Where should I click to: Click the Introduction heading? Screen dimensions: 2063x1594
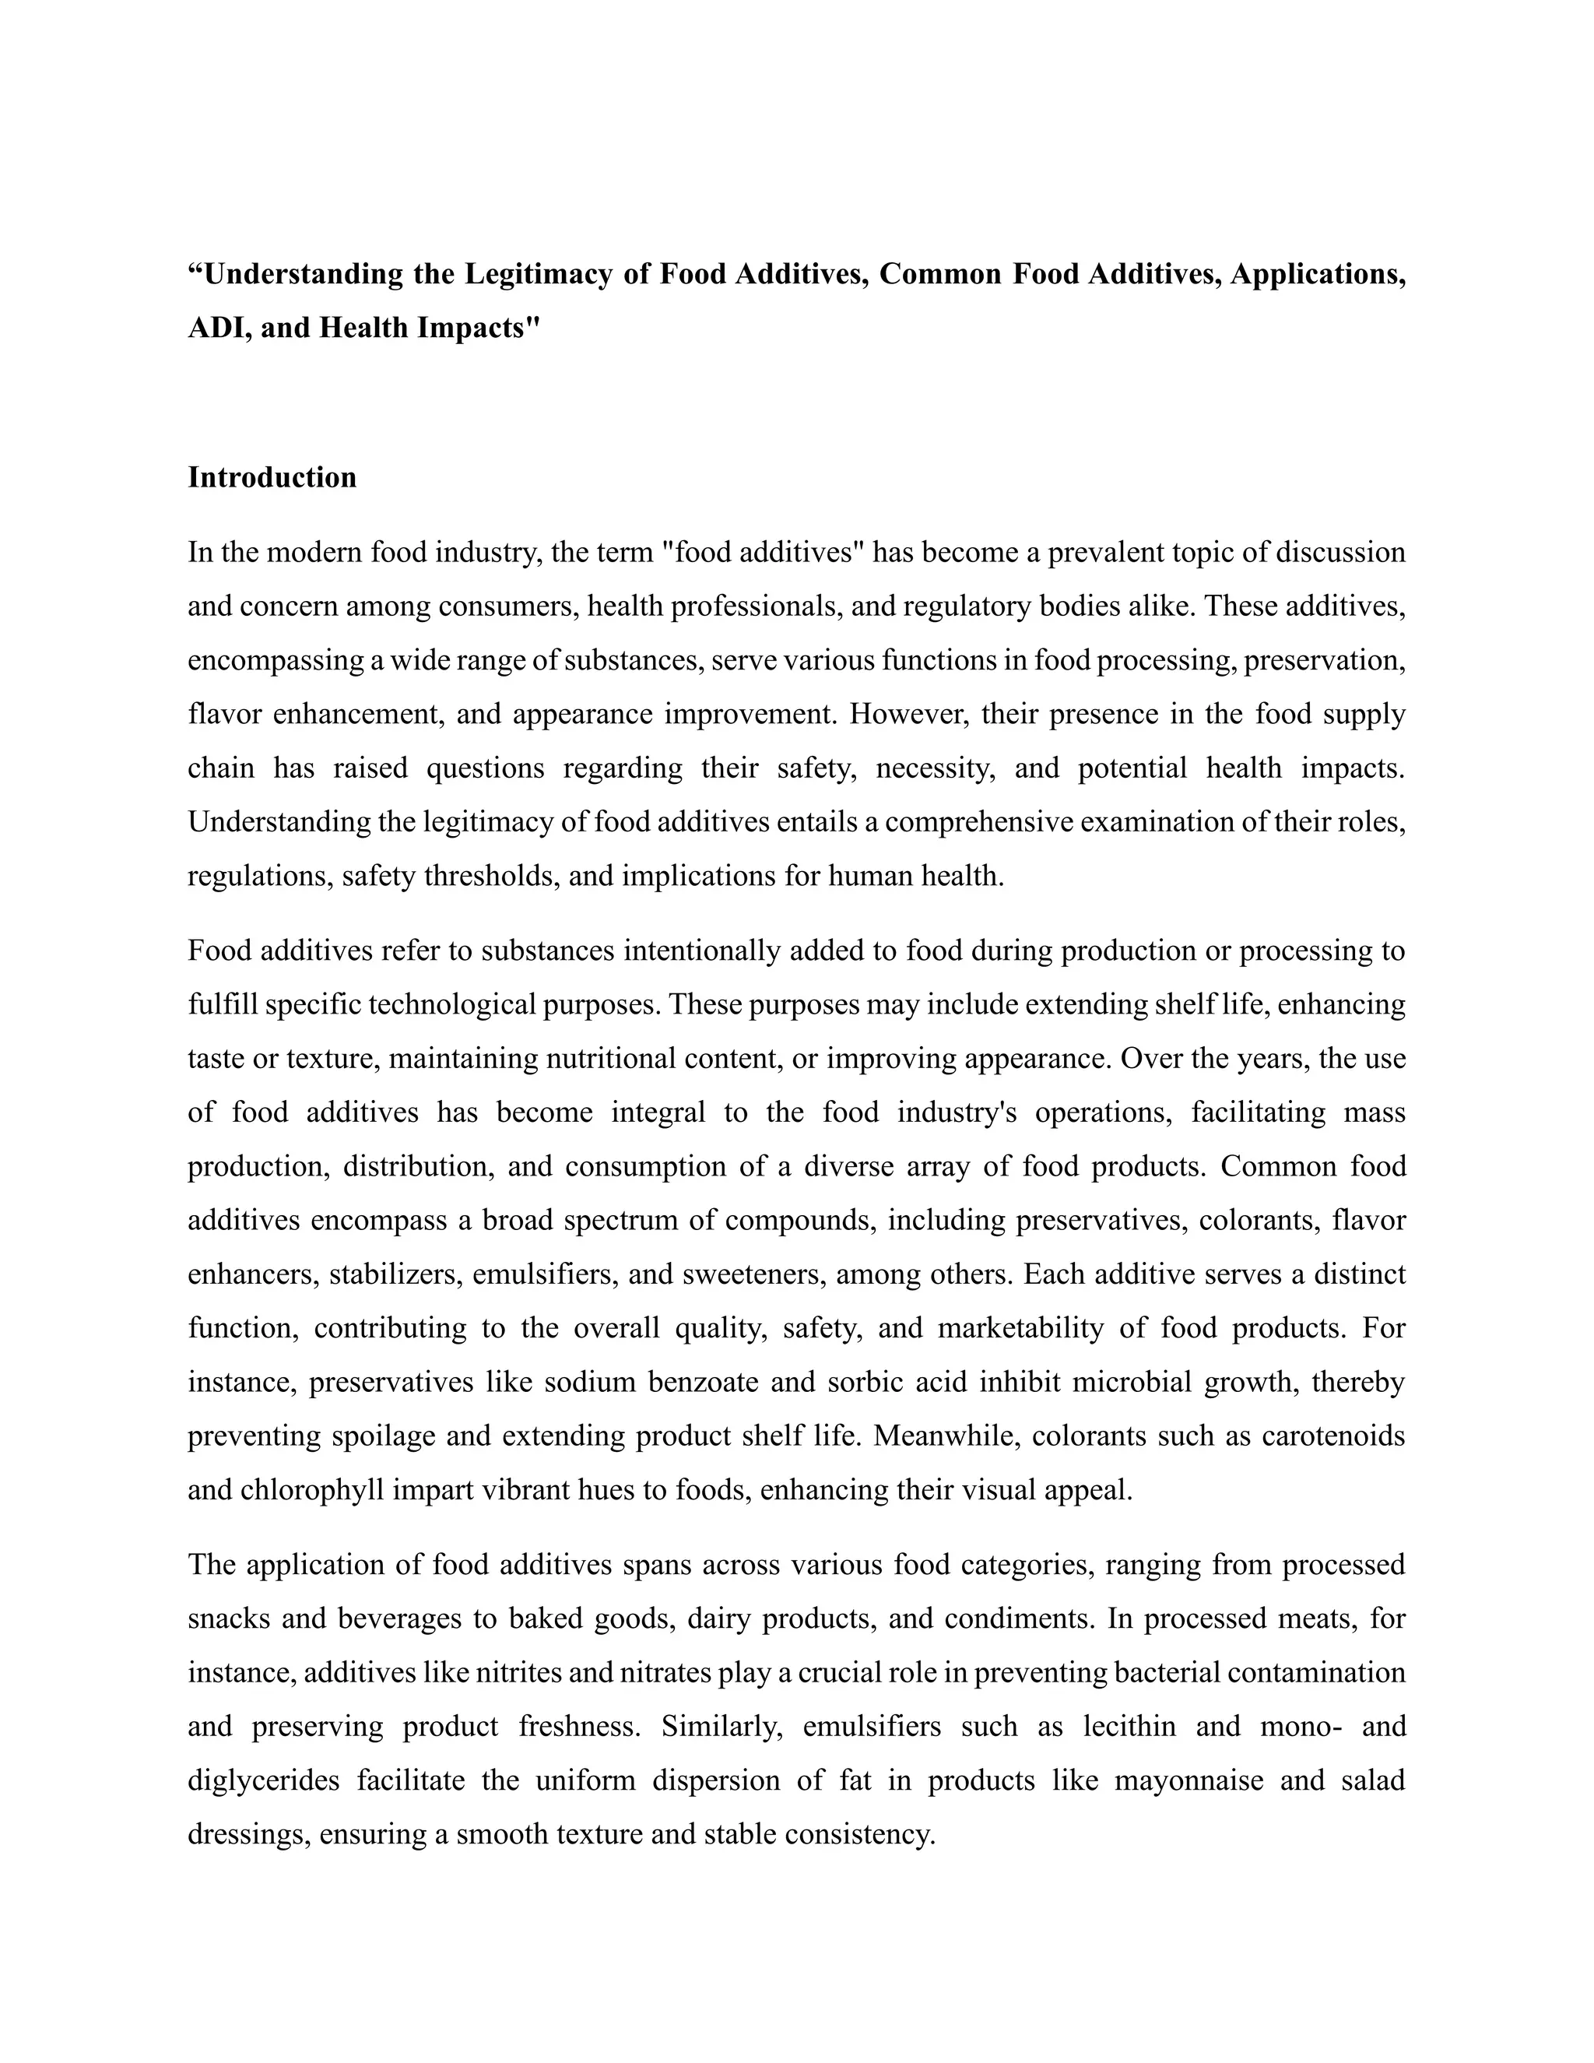pyautogui.click(x=272, y=477)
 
